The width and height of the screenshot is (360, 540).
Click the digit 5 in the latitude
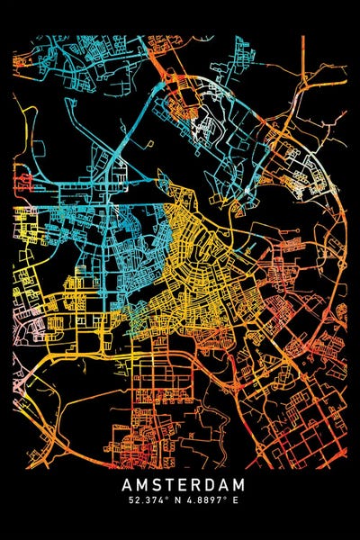(131, 501)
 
